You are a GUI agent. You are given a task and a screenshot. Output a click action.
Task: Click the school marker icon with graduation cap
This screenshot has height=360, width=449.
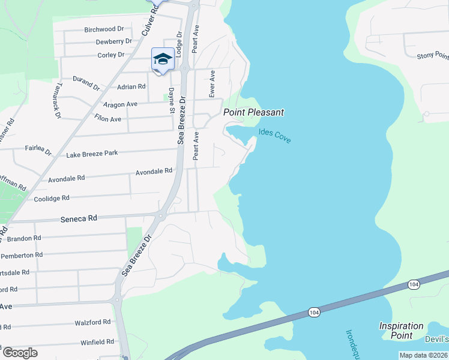pos(163,59)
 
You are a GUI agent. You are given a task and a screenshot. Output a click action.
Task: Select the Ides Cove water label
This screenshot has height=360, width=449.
pos(274,136)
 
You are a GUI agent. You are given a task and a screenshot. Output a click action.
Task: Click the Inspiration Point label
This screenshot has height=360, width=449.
pos(401,331)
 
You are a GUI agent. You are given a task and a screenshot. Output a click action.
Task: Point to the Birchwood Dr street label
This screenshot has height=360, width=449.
pos(104,29)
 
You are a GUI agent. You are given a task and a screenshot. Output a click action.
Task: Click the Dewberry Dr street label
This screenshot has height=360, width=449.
pos(113,41)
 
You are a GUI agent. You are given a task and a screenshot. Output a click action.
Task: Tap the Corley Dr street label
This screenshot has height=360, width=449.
pos(110,55)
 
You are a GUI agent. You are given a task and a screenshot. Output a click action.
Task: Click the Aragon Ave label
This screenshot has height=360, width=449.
pos(120,104)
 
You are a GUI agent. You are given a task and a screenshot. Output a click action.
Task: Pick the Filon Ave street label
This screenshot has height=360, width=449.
pos(107,119)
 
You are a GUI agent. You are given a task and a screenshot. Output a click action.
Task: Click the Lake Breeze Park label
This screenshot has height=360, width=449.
pos(92,154)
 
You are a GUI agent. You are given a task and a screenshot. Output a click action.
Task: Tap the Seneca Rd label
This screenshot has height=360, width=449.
pos(79,219)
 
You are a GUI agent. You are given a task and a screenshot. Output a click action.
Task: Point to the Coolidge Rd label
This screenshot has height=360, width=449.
pos(52,198)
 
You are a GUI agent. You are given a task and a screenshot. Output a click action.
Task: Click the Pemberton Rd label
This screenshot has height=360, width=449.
pos(22,255)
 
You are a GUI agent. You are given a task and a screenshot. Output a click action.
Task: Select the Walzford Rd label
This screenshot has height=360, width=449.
pos(92,322)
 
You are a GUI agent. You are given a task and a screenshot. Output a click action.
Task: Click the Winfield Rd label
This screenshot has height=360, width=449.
pos(97,342)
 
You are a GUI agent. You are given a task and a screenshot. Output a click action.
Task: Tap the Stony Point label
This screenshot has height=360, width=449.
pos(432,56)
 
